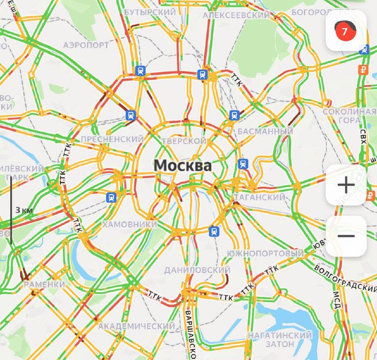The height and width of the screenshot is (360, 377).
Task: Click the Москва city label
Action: point(183,165)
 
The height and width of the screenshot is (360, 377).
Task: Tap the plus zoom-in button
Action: point(346,185)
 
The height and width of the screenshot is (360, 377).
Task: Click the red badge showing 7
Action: point(344,32)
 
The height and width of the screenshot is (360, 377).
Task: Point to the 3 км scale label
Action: point(24,210)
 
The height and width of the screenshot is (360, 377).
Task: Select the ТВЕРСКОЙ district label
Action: point(184,141)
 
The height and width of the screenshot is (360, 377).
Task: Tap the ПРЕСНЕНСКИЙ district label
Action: point(112,139)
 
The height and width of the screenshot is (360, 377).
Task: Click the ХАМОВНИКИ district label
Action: point(130,224)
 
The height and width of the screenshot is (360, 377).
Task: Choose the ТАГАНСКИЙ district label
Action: point(260,197)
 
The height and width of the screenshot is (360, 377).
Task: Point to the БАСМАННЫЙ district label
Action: point(265,131)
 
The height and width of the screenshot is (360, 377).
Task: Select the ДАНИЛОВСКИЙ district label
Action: point(197,270)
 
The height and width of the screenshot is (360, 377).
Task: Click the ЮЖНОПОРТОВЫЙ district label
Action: point(265,254)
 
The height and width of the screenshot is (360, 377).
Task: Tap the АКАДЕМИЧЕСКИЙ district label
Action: point(137,326)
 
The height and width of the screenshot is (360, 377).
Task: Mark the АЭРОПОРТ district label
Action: point(86,45)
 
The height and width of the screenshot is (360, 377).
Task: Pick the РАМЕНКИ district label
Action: point(44,285)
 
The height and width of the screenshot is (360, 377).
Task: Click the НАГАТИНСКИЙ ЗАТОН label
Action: point(280,340)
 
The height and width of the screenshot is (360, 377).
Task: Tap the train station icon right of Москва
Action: point(243,164)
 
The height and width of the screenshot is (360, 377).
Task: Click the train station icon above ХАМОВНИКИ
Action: point(111,197)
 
